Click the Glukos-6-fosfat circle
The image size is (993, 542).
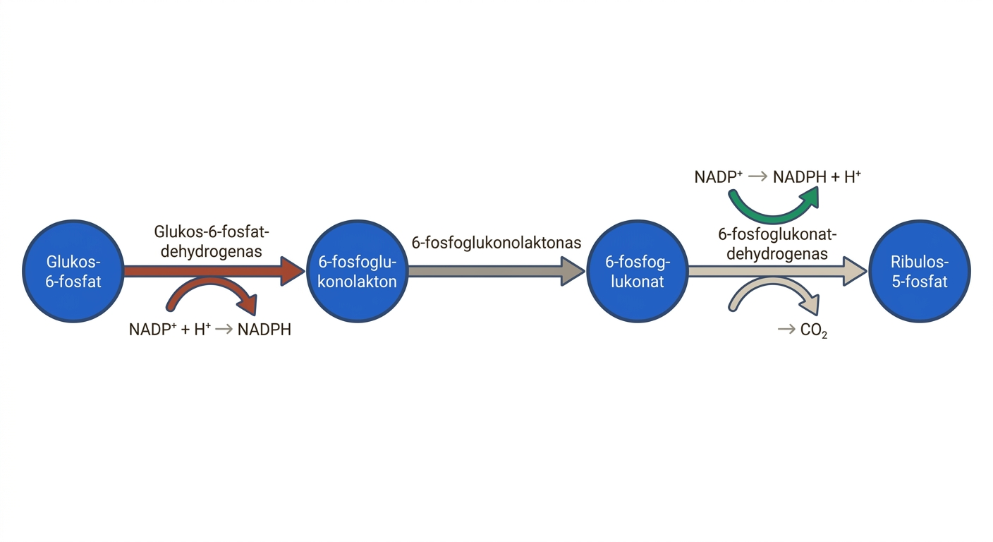[73, 271]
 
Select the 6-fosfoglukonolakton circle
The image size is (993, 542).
[357, 271]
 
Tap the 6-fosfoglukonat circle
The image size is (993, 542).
[638, 271]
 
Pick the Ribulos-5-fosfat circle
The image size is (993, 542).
[920, 271]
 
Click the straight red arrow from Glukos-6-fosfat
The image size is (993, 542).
[214, 271]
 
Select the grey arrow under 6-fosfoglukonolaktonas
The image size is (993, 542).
[496, 271]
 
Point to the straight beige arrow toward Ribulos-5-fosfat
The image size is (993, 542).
[778, 271]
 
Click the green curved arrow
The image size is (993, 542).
[773, 217]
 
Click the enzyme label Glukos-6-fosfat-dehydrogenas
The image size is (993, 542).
[212, 241]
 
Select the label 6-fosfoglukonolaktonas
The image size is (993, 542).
[496, 243]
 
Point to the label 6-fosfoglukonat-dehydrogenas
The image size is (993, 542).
[777, 244]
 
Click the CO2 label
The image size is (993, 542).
[814, 330]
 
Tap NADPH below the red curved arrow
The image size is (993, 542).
[264, 330]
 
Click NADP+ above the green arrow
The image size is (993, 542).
[718, 176]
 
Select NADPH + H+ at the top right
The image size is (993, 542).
[817, 176]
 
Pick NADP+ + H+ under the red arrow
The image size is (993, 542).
[170, 330]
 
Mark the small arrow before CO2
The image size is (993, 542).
[786, 330]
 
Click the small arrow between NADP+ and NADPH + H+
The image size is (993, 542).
[757, 176]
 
